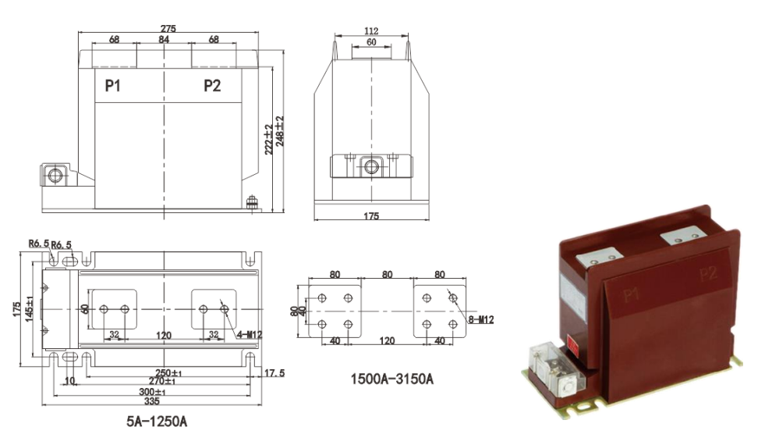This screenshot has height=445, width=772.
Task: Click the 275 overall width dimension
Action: (x=168, y=28)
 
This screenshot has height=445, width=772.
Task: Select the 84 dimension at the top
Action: (x=164, y=39)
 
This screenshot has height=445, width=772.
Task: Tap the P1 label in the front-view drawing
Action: (x=113, y=86)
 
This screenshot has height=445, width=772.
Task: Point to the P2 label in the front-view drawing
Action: (x=211, y=86)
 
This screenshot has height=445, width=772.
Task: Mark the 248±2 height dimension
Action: (x=279, y=131)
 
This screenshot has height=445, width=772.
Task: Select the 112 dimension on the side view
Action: (x=370, y=31)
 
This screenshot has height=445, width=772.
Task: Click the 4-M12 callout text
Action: (x=249, y=335)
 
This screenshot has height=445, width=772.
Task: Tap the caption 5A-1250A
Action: (x=157, y=422)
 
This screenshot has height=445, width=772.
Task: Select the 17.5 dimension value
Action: (x=273, y=373)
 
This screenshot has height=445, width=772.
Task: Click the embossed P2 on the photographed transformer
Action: (x=707, y=274)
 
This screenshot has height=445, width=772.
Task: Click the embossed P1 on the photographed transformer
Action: (x=631, y=295)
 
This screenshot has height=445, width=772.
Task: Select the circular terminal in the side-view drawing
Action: (x=370, y=166)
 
